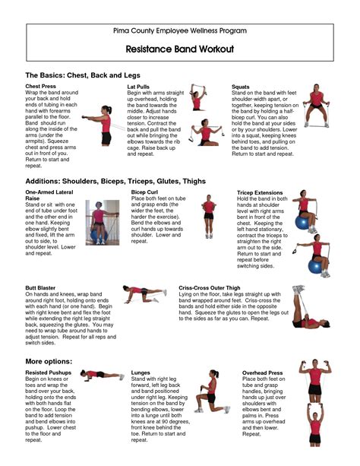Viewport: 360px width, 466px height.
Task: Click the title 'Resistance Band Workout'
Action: tap(179, 48)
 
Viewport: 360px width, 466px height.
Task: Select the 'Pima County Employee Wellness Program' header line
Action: tap(179, 30)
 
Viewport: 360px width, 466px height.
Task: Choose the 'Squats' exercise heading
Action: tap(241, 88)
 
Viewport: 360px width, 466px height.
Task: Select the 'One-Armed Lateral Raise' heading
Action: tap(51, 196)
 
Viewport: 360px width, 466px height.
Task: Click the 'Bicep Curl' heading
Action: tap(144, 193)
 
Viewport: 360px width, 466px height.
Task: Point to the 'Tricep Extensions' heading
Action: tap(261, 193)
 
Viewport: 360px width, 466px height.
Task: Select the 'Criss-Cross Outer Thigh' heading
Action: tap(212, 288)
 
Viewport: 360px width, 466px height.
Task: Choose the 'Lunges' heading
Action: tap(141, 373)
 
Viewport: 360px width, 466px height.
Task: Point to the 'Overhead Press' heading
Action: tap(262, 373)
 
